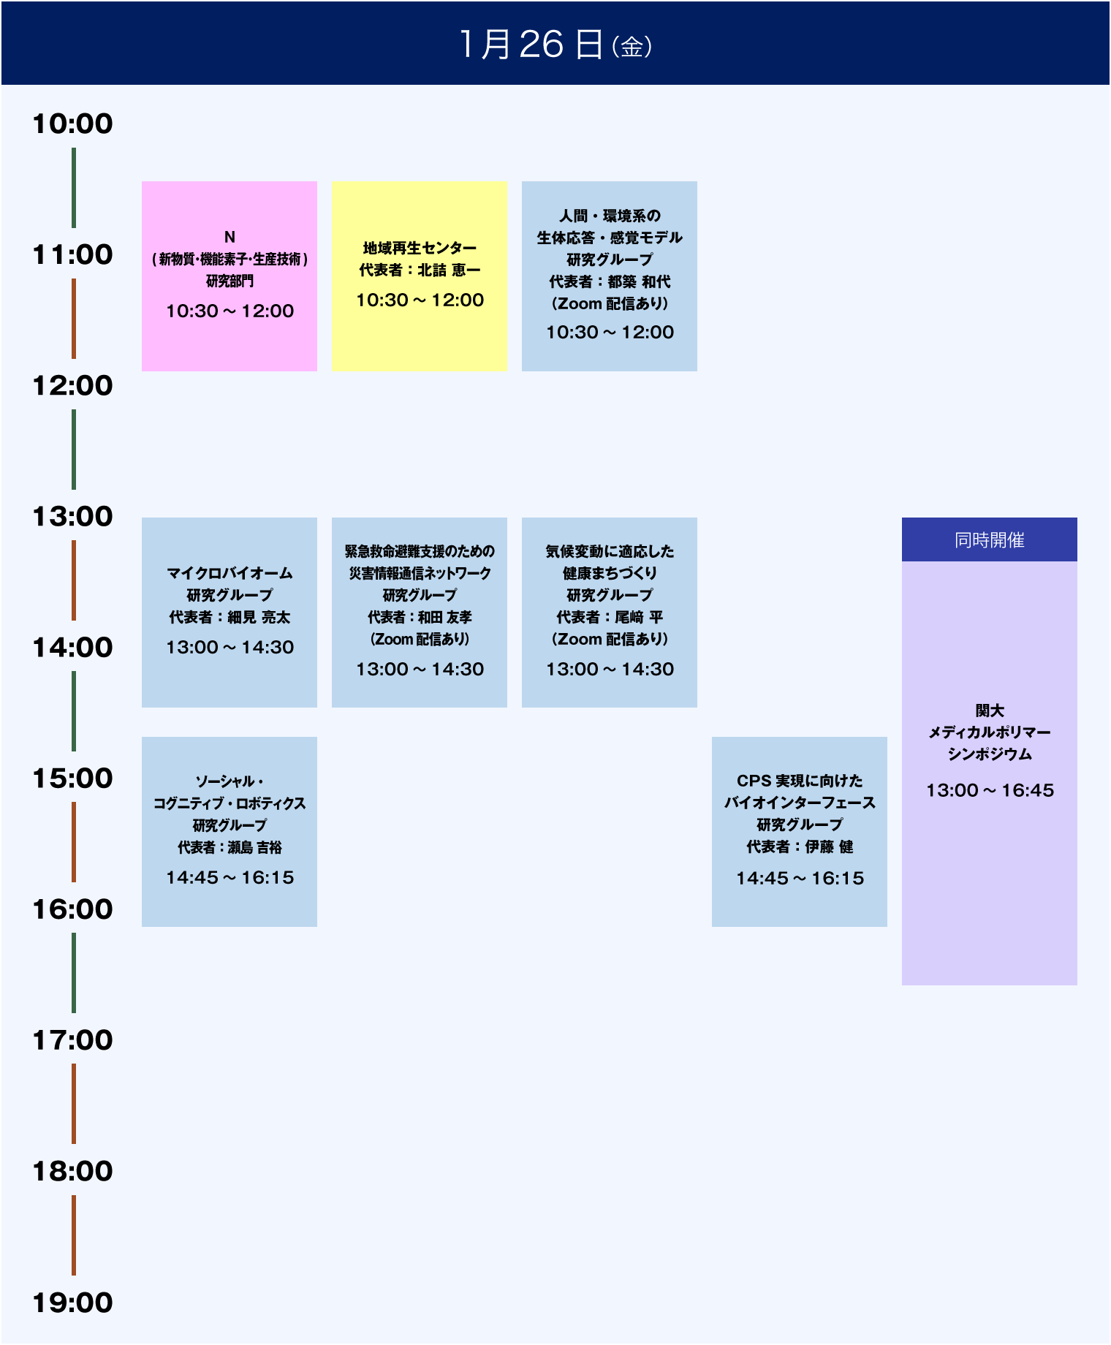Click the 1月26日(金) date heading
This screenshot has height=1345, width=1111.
555,44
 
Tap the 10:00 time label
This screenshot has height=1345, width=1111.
72,124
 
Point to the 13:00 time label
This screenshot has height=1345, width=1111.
72,517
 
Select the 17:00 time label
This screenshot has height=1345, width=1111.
72,1040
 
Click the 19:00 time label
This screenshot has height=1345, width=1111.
72,1303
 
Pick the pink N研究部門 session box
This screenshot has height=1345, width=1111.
230,276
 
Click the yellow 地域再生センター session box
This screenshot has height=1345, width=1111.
420,276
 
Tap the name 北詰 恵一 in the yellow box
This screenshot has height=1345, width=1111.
450,270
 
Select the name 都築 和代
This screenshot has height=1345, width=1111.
640,281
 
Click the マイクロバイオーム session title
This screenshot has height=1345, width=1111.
230,573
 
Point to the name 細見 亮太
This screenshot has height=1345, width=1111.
259,618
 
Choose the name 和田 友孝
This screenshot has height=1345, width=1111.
445,618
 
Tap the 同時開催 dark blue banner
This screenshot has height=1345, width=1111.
989,539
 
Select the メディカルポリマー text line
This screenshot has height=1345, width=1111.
989,732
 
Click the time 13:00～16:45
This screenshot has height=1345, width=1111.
990,790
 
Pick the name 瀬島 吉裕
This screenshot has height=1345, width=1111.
255,848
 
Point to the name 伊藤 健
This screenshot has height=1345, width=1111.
830,847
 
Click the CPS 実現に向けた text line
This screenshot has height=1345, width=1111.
800,781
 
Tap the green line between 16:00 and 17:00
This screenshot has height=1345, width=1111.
74,973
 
